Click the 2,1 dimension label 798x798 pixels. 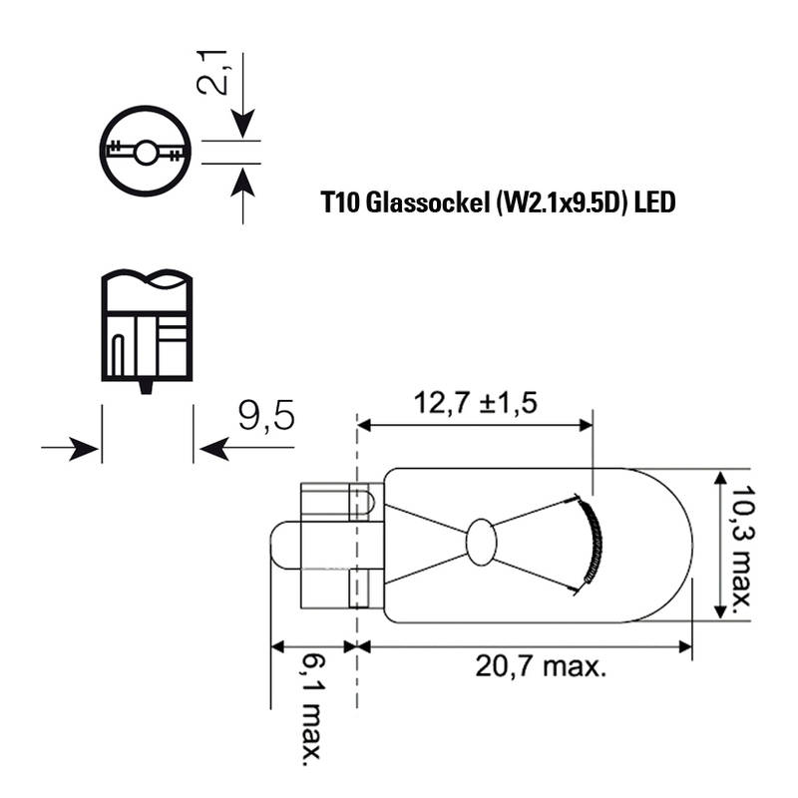(211, 73)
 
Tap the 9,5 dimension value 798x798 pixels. (266, 415)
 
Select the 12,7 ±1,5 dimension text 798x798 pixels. (476, 403)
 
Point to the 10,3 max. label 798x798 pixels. (743, 551)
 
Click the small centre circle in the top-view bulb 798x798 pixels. (146, 153)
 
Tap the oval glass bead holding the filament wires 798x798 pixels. (481, 542)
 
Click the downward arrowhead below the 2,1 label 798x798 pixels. (242, 124)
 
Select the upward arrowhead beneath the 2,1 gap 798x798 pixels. (242, 182)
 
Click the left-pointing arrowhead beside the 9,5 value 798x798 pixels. (214, 448)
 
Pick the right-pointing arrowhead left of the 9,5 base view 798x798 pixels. (84, 448)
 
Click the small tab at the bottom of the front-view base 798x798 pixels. (146, 387)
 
